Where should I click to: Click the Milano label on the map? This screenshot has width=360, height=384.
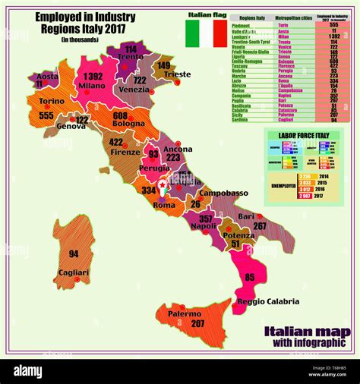[x=92, y=87]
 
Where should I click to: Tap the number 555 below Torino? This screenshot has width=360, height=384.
[x=46, y=115]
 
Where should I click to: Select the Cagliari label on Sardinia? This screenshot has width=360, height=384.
[x=74, y=272]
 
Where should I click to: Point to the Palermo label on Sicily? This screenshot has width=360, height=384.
[x=184, y=313]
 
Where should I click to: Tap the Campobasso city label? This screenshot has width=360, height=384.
[x=224, y=194]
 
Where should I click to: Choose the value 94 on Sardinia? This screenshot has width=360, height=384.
[x=74, y=253]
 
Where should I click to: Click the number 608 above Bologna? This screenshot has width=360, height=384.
[x=120, y=115]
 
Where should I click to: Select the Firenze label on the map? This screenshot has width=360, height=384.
[x=125, y=152]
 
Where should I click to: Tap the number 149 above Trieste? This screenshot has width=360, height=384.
[x=164, y=65]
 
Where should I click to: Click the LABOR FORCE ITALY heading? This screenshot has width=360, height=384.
[x=303, y=134]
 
